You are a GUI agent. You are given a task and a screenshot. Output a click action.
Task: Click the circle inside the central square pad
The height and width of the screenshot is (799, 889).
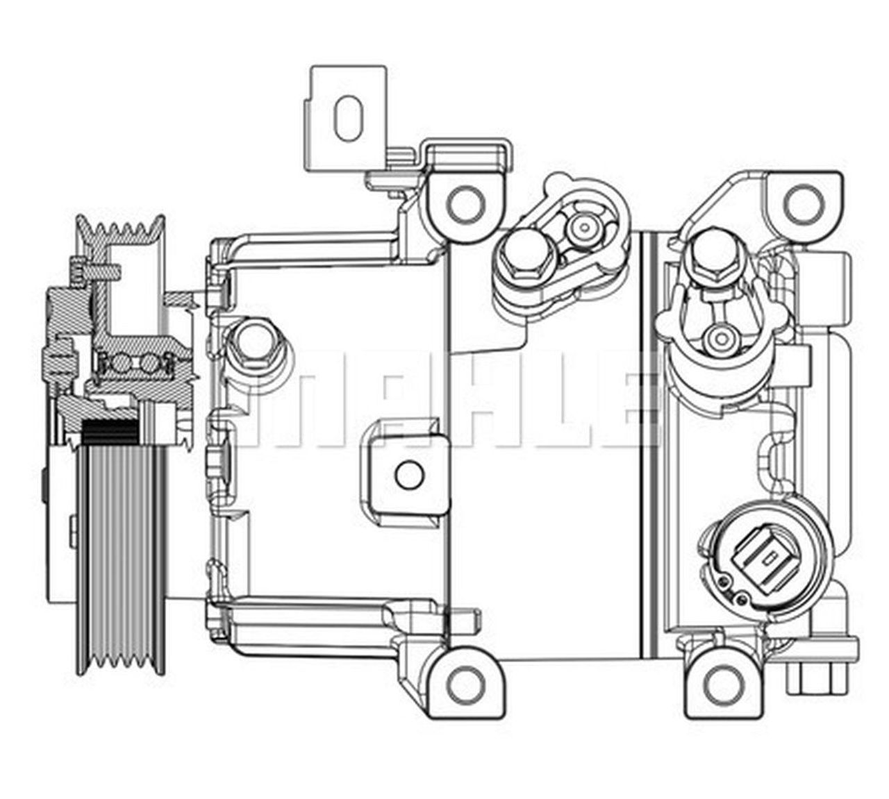[x=408, y=476]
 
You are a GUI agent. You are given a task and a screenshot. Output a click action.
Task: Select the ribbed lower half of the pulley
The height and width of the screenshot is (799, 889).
[x=122, y=555]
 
